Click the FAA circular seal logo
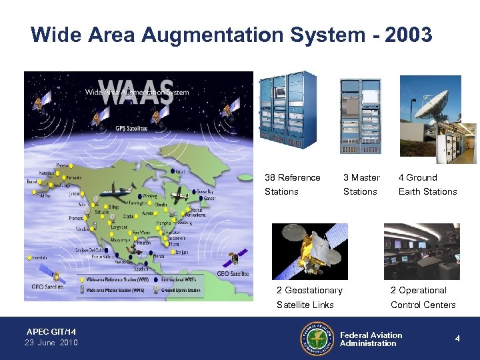click(316, 339)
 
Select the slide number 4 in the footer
click(457, 339)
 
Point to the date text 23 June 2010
click(51, 343)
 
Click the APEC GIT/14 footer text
click(51, 331)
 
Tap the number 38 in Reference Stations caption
click(270, 178)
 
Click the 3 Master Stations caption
click(361, 185)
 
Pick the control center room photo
click(421, 251)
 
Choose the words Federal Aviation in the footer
click(371, 335)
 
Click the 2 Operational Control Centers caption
click(423, 297)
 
